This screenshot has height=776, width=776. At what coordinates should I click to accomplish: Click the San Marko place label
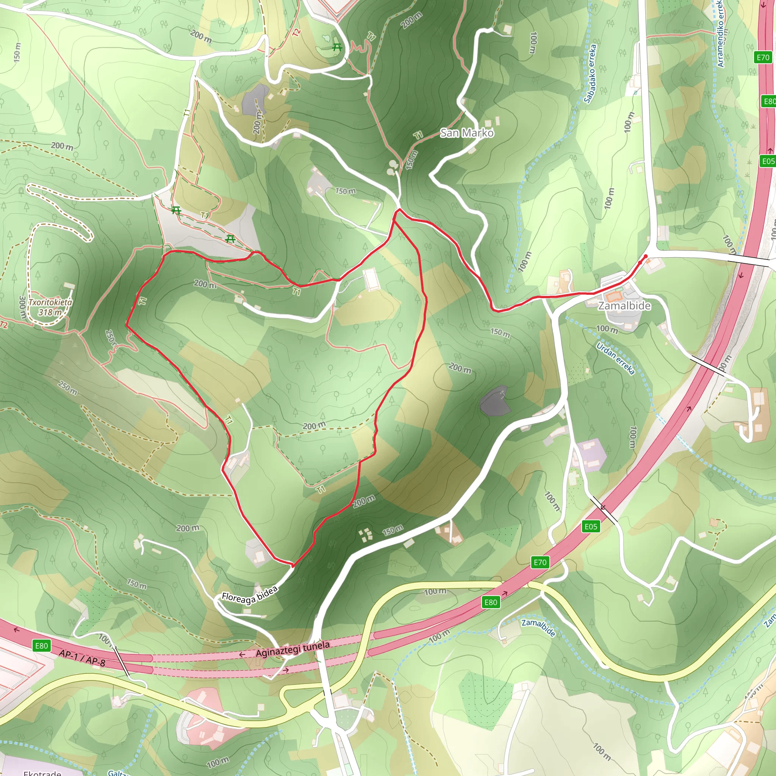coord(467,133)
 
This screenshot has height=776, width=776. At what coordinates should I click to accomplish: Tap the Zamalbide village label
coord(624,306)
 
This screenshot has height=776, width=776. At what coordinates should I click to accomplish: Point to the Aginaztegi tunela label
coord(293,649)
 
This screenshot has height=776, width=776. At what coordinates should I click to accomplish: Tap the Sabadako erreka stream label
coord(590,74)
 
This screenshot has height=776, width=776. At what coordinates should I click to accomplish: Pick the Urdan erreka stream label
coord(615,358)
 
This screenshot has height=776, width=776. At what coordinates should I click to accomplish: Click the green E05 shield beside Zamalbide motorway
coord(591,527)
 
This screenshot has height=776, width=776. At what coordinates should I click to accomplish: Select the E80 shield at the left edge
coord(41,646)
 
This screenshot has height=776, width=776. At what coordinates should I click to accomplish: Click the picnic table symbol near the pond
coord(337,48)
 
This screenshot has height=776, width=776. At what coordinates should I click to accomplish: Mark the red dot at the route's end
coord(645,256)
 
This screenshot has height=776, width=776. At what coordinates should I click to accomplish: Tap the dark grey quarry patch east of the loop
coord(495,401)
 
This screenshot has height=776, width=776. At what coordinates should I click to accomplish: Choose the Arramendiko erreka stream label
coord(721,34)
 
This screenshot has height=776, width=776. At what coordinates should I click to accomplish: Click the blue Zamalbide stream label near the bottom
coord(538,628)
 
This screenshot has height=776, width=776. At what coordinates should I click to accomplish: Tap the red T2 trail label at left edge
coord(4,325)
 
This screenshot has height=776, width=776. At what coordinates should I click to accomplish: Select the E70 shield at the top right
coord(763,58)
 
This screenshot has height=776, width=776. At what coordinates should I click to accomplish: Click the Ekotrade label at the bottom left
coord(42,772)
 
